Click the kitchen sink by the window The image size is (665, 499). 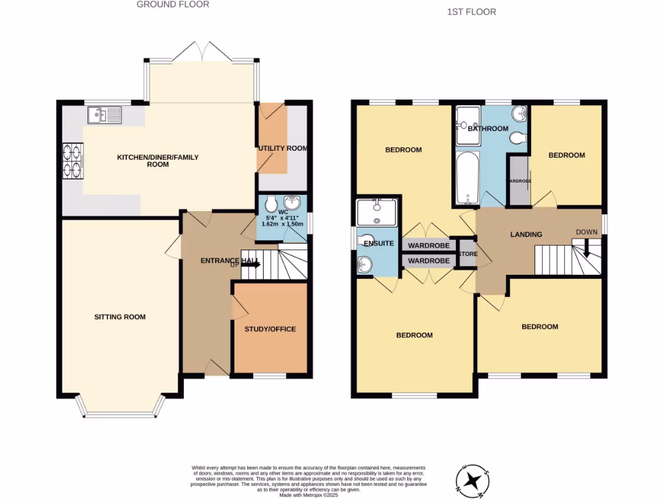coord(105,116)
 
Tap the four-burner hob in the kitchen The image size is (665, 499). coord(72,159)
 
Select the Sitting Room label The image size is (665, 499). coord(119,317)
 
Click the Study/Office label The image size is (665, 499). coord(270,329)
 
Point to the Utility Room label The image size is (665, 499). coord(282,148)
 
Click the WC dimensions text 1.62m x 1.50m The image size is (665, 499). coord(282,223)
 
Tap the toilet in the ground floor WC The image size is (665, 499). coord(270,202)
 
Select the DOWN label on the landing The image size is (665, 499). coord(586,232)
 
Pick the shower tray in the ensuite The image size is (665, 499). coord(376,212)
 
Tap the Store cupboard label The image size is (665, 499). coord(467,254)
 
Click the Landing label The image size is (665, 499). coord(526,234)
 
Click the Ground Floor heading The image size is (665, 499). coord(173,5)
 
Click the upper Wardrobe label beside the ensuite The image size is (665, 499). coord(428,246)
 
